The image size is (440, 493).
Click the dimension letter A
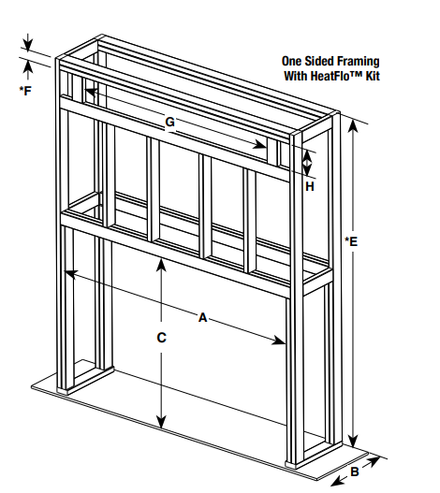203,317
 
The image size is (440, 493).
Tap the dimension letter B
355,471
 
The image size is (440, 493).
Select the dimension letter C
161,338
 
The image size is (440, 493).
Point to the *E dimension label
351,241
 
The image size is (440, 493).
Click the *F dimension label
25,91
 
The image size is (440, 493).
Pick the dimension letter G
170,122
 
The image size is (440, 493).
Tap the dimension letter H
310,187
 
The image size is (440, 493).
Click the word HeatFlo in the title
330,76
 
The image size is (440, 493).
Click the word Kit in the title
373,76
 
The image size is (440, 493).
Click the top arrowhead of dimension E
354,126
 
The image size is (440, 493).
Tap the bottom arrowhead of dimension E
354,440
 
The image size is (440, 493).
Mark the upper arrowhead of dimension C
161,265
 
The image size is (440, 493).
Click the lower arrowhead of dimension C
161,422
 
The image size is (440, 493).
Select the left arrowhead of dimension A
70,273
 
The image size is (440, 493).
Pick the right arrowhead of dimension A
279,341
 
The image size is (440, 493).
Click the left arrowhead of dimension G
91,92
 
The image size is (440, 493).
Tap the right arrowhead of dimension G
260,144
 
